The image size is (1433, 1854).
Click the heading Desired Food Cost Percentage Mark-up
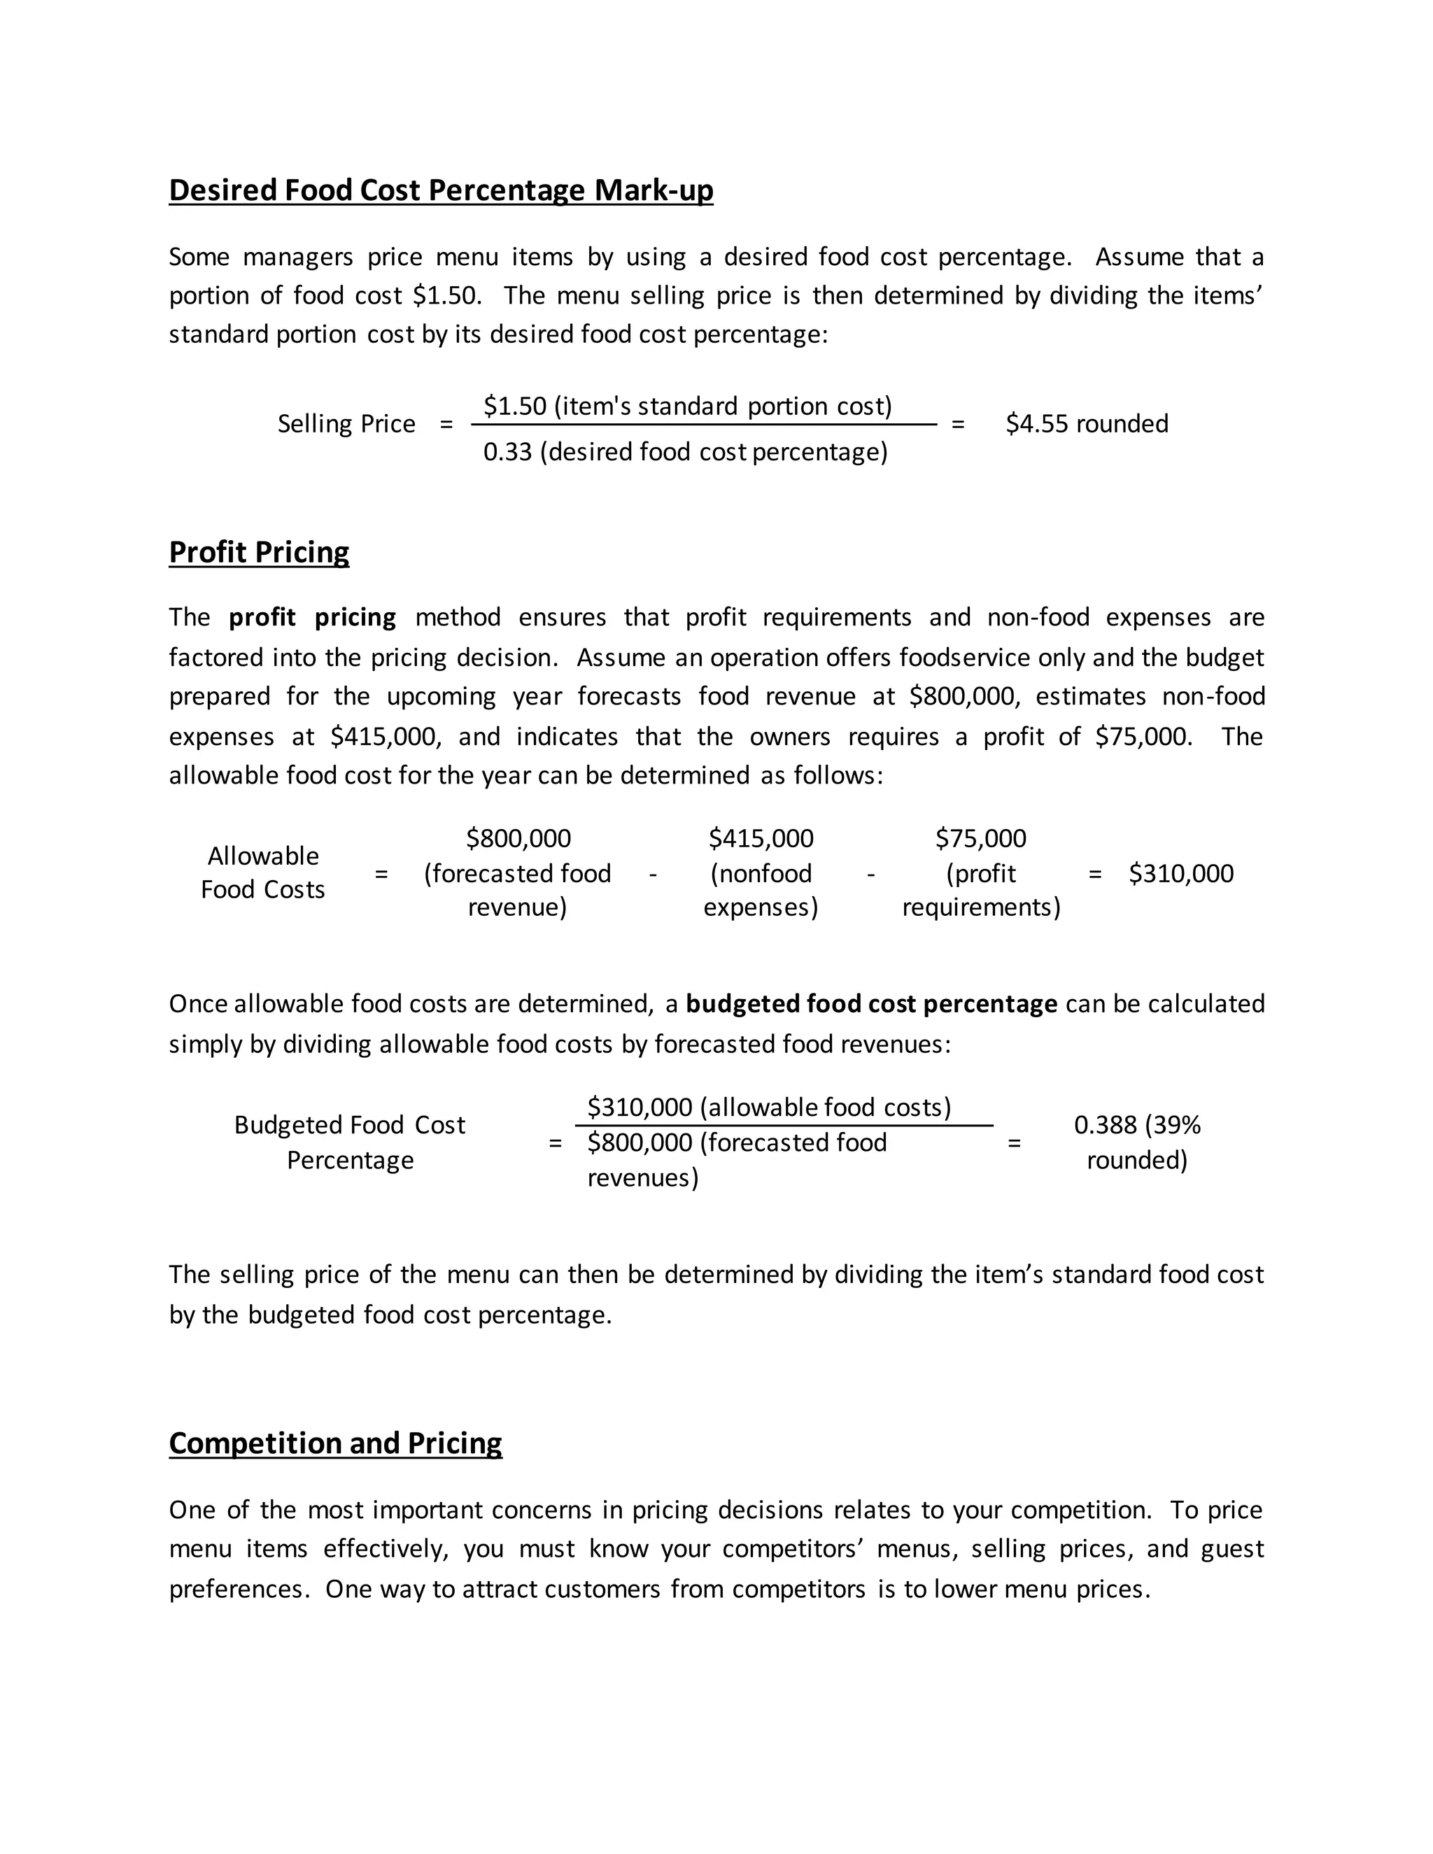(x=441, y=190)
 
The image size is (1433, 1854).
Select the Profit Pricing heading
(x=259, y=553)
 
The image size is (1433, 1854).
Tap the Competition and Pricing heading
(x=335, y=1443)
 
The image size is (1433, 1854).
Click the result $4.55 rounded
(x=1087, y=423)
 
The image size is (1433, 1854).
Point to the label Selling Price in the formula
(x=346, y=423)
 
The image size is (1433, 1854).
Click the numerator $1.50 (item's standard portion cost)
(x=688, y=406)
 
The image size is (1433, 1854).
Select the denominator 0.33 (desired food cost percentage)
(x=685, y=452)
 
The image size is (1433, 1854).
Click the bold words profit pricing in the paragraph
(x=311, y=617)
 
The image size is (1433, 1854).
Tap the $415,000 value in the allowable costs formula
(x=761, y=839)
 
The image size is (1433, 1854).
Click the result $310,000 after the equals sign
(x=1181, y=874)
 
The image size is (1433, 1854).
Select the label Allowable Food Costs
(x=263, y=872)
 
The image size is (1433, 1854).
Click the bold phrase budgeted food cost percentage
(x=871, y=1004)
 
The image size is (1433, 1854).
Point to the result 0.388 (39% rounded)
(x=1137, y=1142)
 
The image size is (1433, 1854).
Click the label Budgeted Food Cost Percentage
(x=350, y=1142)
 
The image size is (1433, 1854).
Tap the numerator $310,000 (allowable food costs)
(x=769, y=1108)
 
